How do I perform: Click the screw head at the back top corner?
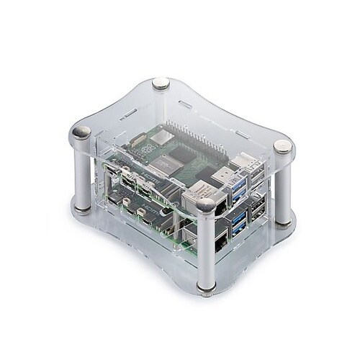(x=161, y=84)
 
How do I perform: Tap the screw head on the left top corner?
(x=84, y=132)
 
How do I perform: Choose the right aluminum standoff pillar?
(x=283, y=187)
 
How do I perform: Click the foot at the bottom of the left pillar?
(x=84, y=209)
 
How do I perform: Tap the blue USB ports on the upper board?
(x=238, y=189)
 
